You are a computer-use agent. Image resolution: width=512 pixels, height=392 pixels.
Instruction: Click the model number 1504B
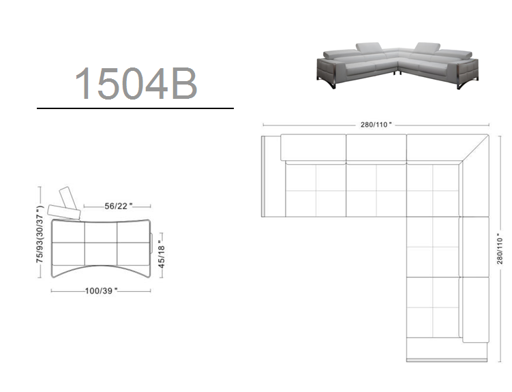[x=136, y=84]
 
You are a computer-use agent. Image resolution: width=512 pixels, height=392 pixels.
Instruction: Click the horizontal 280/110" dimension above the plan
[x=376, y=125]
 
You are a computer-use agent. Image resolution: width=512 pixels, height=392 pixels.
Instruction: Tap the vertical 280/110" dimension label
[x=500, y=248]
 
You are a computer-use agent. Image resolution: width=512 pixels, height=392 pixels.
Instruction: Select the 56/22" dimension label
[x=118, y=206]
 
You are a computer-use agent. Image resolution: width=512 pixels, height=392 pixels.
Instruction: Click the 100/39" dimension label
[x=101, y=290]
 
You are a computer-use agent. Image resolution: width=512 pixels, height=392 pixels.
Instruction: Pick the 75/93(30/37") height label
[x=40, y=234]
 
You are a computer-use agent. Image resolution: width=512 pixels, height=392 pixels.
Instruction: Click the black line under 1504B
[x=135, y=108]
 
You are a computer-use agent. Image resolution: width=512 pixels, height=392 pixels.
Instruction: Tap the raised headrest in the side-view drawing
[x=69, y=198]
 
